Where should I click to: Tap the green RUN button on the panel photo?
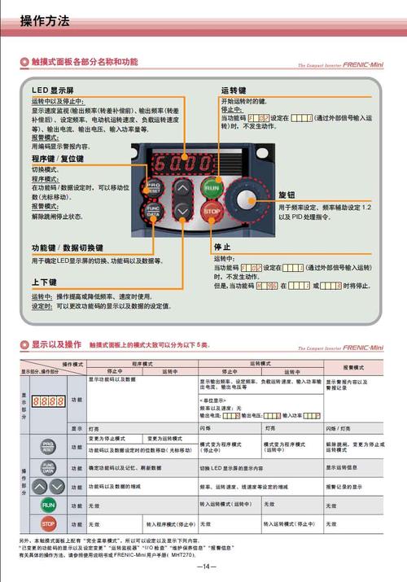tap(212, 187)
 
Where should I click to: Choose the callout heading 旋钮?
tap(287, 196)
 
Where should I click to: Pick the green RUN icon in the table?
tap(49, 505)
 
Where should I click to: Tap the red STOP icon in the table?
tap(49, 523)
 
